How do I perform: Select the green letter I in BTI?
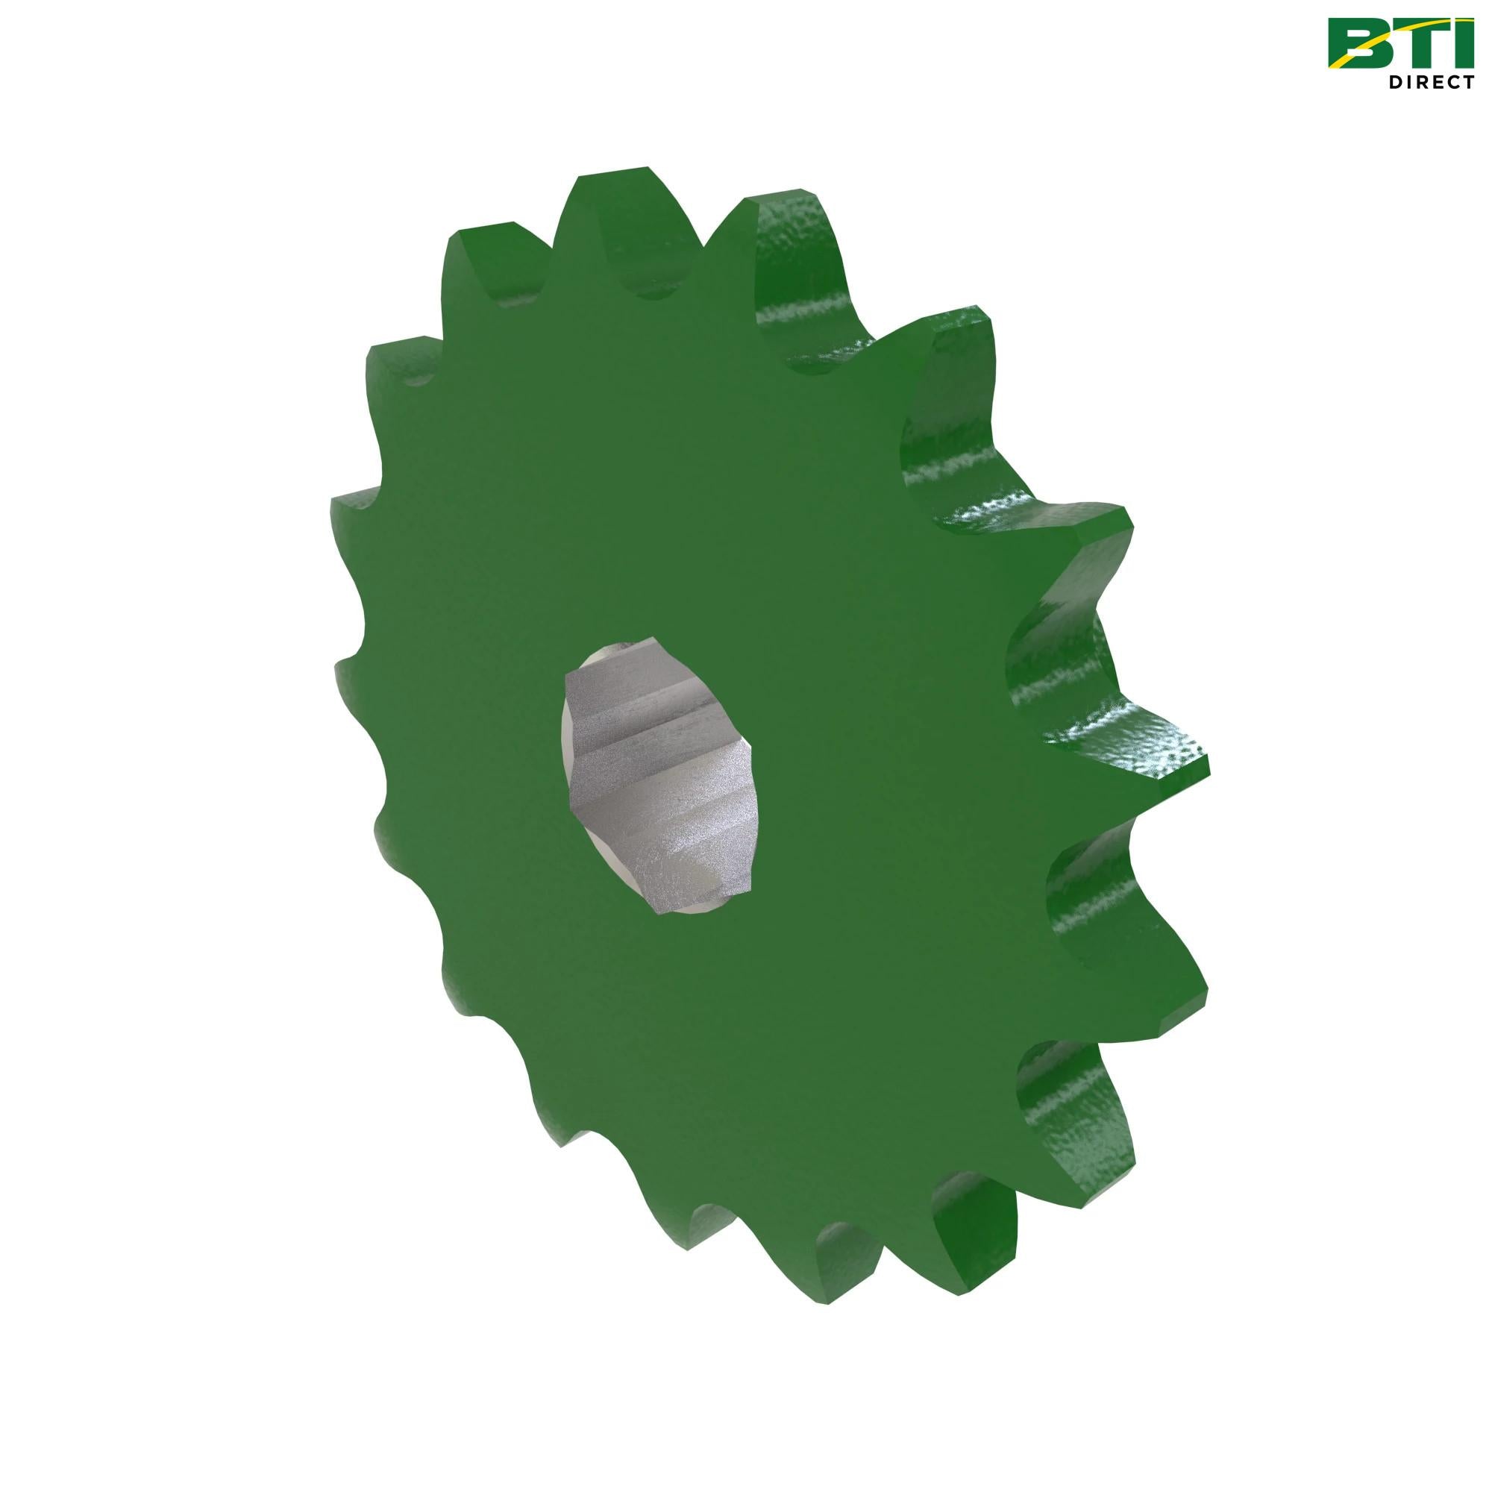click(x=1465, y=43)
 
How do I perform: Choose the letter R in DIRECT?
click(x=1426, y=83)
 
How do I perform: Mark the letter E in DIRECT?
click(x=1441, y=83)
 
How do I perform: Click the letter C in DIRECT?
click(x=1457, y=83)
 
